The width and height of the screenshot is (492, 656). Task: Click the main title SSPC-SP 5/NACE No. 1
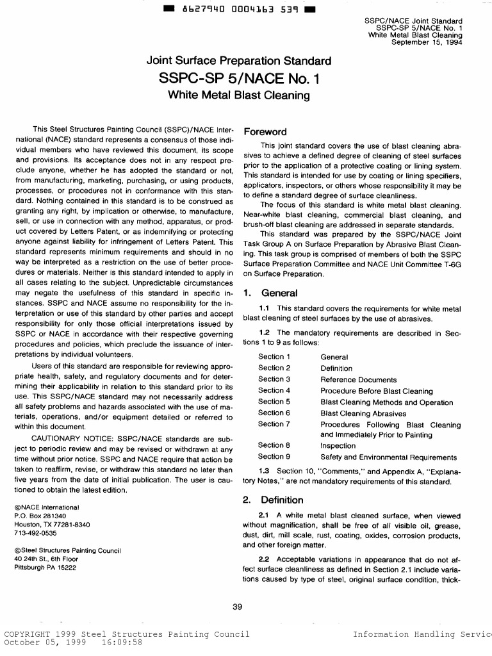coord(239,79)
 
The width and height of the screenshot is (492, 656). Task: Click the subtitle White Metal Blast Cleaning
coord(238,95)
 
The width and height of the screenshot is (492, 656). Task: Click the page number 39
coord(238,607)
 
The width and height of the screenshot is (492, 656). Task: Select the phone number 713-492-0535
coord(35,532)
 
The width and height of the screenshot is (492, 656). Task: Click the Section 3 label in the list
coord(274,379)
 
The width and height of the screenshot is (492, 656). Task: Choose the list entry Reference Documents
coord(358,380)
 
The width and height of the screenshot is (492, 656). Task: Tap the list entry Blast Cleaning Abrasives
coord(363,414)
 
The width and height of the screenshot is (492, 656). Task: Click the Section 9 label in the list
coord(274,457)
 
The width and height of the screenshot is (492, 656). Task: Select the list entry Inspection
coord(338,446)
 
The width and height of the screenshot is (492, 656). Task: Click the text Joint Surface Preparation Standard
coord(239,61)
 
